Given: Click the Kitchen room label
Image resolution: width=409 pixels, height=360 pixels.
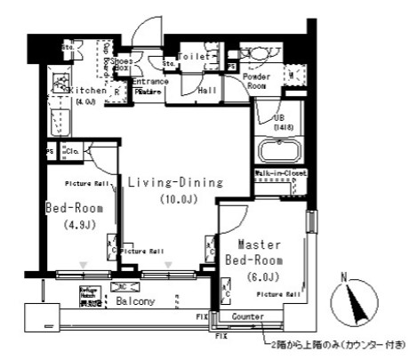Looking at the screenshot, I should click(x=88, y=90).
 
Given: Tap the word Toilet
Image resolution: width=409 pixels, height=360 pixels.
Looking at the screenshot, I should click(x=195, y=56).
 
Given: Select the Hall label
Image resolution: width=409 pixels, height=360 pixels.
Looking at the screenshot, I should click(x=207, y=90).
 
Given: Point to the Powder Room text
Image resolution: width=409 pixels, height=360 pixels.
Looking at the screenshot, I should click(x=256, y=82).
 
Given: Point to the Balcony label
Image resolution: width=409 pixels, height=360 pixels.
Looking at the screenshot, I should click(x=135, y=301).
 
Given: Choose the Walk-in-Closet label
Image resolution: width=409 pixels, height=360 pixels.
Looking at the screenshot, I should click(x=280, y=174).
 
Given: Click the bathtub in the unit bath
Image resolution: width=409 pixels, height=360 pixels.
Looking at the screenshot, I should click(x=277, y=148).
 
